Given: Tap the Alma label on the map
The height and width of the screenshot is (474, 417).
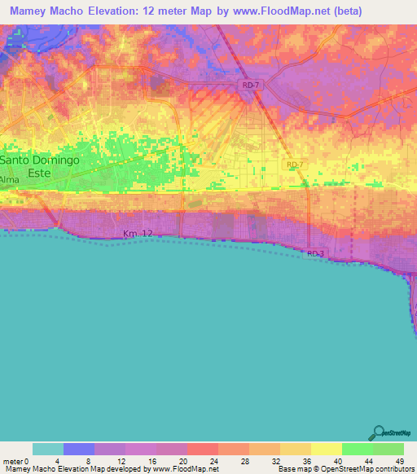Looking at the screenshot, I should pyautogui.click(x=10, y=179).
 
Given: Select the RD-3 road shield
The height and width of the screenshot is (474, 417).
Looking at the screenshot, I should pyautogui.click(x=317, y=254).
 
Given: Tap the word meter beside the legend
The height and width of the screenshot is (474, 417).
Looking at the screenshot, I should pyautogui.click(x=13, y=461).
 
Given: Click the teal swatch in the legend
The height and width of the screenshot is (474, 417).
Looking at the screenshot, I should pyautogui.click(x=47, y=449).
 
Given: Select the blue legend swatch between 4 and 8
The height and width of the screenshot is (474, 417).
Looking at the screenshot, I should pyautogui.click(x=79, y=449).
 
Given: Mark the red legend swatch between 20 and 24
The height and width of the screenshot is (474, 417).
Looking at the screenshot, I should pyautogui.click(x=203, y=449).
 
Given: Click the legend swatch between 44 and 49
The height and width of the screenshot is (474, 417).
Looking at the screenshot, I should pyautogui.click(x=388, y=449).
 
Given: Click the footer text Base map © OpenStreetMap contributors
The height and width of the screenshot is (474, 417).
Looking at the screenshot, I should pyautogui.click(x=345, y=469).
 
